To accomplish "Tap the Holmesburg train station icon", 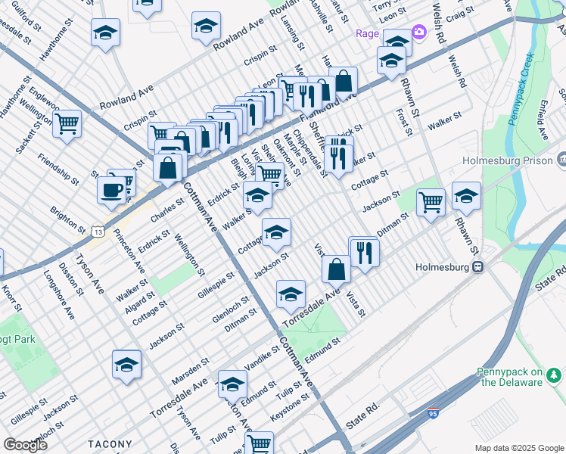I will pyautogui.click(x=477, y=267).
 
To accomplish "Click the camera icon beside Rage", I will pyautogui.click(x=418, y=34).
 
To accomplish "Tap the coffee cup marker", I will pyautogui.click(x=112, y=190).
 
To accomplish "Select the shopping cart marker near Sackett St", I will pyautogui.click(x=67, y=123).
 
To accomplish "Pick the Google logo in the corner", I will pyautogui.click(x=25, y=444).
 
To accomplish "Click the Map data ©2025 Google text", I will pyautogui.click(x=519, y=448).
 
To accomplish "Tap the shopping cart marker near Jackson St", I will pyautogui.click(x=431, y=202).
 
